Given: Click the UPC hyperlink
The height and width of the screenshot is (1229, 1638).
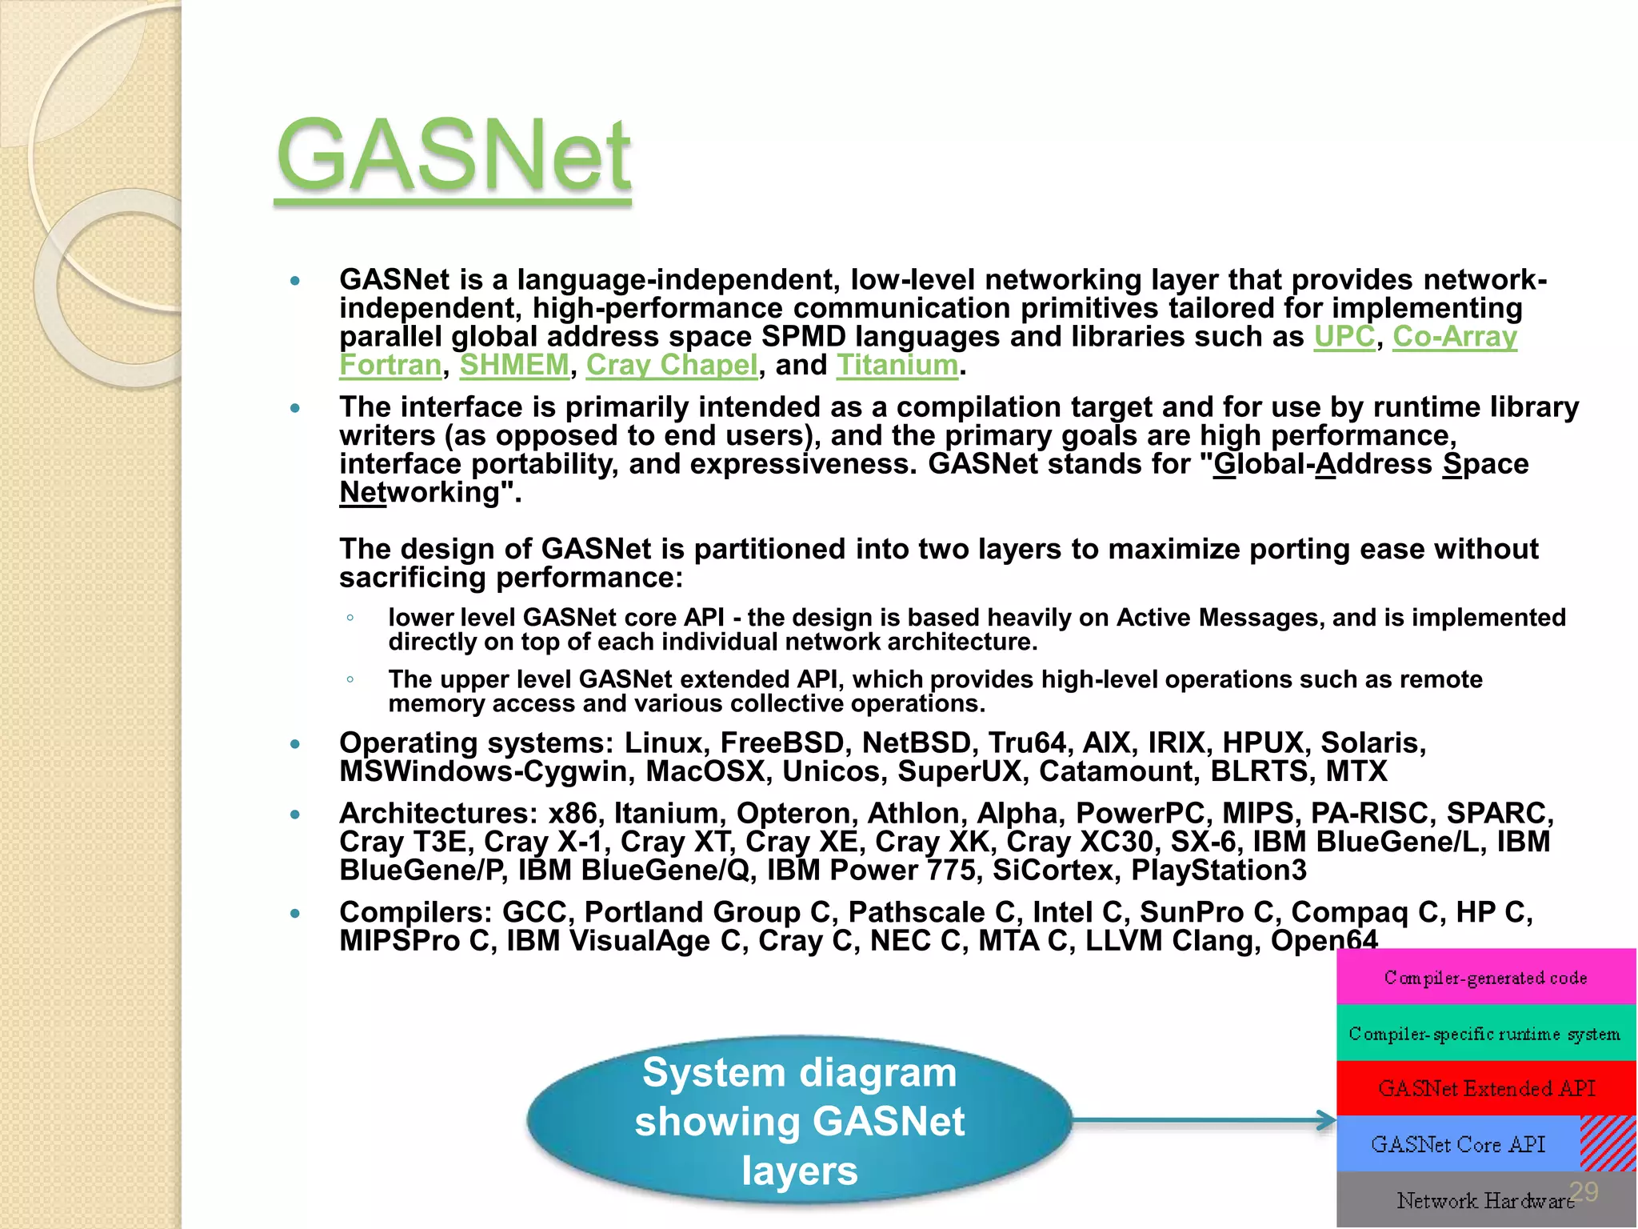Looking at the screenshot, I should (x=1344, y=337).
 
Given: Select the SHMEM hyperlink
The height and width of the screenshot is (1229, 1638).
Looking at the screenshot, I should (x=514, y=366).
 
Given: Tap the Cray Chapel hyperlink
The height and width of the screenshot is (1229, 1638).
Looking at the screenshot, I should (x=671, y=366).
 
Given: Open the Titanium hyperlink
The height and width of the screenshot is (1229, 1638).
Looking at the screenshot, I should (x=897, y=366).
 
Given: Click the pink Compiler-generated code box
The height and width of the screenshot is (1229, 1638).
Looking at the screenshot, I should (x=1485, y=977).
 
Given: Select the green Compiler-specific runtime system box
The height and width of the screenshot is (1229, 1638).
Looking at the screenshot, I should (x=1485, y=1033).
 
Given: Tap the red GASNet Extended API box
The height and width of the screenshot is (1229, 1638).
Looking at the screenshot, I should (x=1485, y=1088).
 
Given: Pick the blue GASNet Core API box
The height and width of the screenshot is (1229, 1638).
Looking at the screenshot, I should (x=1457, y=1144).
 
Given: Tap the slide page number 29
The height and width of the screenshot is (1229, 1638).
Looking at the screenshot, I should (x=1584, y=1191).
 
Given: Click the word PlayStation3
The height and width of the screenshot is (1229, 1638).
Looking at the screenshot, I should (x=1218, y=871).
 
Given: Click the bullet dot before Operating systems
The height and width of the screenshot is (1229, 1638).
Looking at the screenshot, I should (x=295, y=744).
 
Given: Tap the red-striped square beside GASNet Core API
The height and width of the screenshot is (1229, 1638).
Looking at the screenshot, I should (x=1608, y=1143).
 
